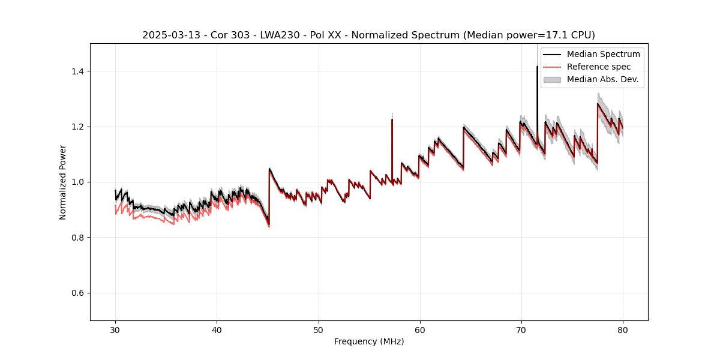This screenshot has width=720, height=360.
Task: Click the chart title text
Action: tap(368, 35)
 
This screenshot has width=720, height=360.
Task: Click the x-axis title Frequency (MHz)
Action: tap(369, 341)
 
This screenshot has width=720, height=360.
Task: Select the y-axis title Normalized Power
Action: tap(63, 182)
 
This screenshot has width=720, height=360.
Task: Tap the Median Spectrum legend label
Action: tap(603, 54)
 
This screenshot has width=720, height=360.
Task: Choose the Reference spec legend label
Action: tap(599, 67)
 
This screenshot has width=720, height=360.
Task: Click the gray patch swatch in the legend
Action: tap(552, 79)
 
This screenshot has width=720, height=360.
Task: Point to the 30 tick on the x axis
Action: tap(116, 329)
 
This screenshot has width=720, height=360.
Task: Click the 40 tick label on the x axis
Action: tap(217, 329)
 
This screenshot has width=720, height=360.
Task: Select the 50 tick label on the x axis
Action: tap(319, 329)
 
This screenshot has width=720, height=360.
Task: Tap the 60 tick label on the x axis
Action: tap(420, 329)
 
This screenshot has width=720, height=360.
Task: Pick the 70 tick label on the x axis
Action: tap(521, 329)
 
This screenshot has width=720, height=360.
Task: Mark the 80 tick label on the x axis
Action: tap(623, 329)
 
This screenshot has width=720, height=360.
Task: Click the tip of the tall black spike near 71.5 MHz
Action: tap(537, 67)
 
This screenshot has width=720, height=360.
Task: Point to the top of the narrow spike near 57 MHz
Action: tap(392, 119)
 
